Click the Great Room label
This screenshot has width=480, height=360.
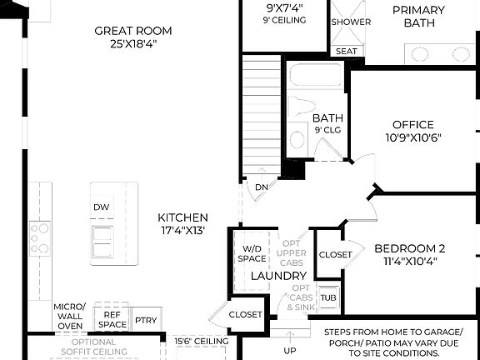(x=127, y=31)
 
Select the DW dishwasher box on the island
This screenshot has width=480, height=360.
(x=102, y=207)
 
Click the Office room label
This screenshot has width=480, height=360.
(x=413, y=125)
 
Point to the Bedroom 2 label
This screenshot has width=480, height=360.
(x=410, y=248)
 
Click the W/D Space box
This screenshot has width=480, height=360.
(x=252, y=254)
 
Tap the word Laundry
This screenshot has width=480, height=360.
(x=279, y=276)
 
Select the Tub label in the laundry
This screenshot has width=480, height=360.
(x=328, y=297)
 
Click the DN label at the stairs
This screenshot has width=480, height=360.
(x=262, y=187)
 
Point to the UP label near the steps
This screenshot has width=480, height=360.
(x=290, y=350)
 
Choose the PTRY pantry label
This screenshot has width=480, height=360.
(x=146, y=320)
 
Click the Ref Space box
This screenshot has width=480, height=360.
(x=112, y=320)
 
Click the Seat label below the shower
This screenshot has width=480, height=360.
(x=346, y=52)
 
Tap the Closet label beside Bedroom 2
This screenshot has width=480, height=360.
(x=335, y=254)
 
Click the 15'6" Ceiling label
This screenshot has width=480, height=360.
(x=202, y=342)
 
